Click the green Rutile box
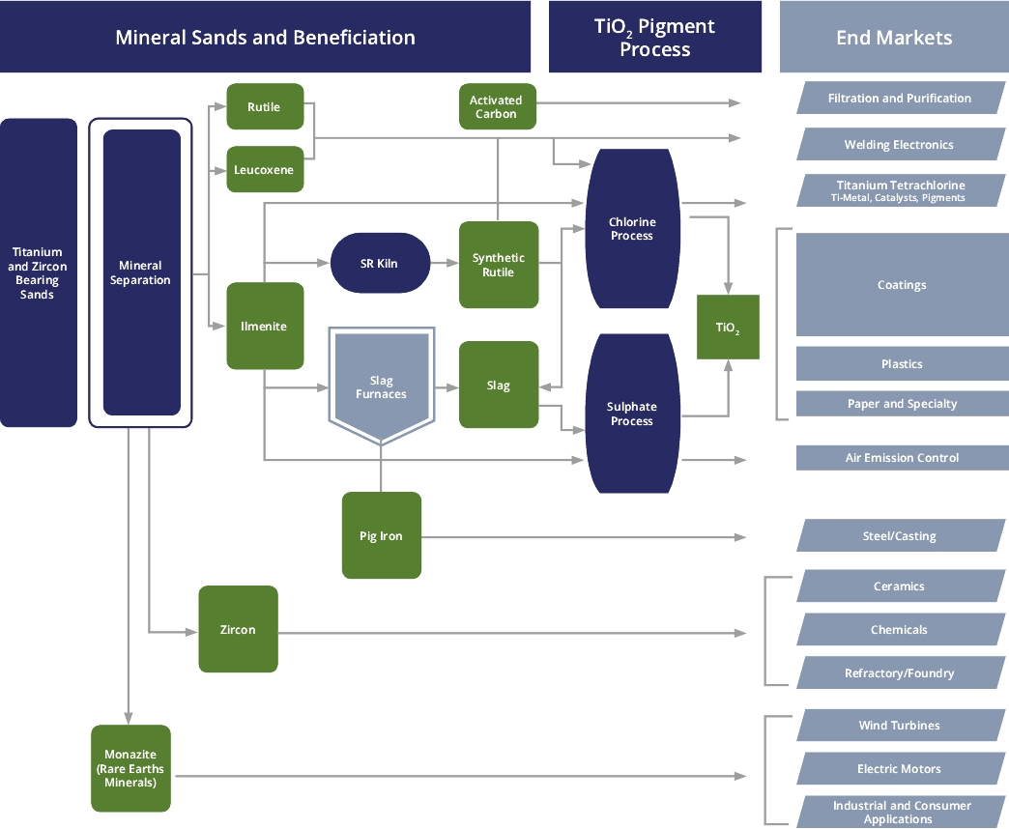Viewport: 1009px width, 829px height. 265,106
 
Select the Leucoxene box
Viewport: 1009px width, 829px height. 265,170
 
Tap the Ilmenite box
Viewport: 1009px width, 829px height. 265,326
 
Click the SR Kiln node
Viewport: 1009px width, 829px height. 380,263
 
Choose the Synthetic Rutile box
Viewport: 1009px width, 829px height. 498,265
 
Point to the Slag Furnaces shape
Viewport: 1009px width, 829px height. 381,385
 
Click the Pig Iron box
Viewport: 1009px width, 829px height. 382,535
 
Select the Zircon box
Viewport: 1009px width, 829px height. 238,629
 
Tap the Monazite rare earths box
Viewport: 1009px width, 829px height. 130,768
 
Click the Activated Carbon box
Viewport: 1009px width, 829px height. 497,106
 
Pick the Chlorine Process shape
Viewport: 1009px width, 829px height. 632,229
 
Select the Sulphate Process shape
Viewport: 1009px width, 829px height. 632,414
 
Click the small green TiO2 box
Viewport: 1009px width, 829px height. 728,328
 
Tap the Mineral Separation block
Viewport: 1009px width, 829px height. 141,272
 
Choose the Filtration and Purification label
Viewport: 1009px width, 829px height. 899,99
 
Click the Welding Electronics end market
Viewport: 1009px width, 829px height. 899,145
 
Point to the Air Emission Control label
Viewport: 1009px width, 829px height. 901,458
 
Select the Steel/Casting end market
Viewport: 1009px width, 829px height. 899,536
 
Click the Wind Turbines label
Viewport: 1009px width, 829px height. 899,726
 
